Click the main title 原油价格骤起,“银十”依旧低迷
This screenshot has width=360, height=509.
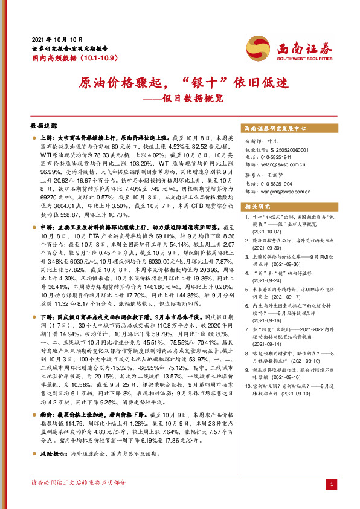coord(179,82)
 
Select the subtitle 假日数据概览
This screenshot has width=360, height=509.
coord(199,97)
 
